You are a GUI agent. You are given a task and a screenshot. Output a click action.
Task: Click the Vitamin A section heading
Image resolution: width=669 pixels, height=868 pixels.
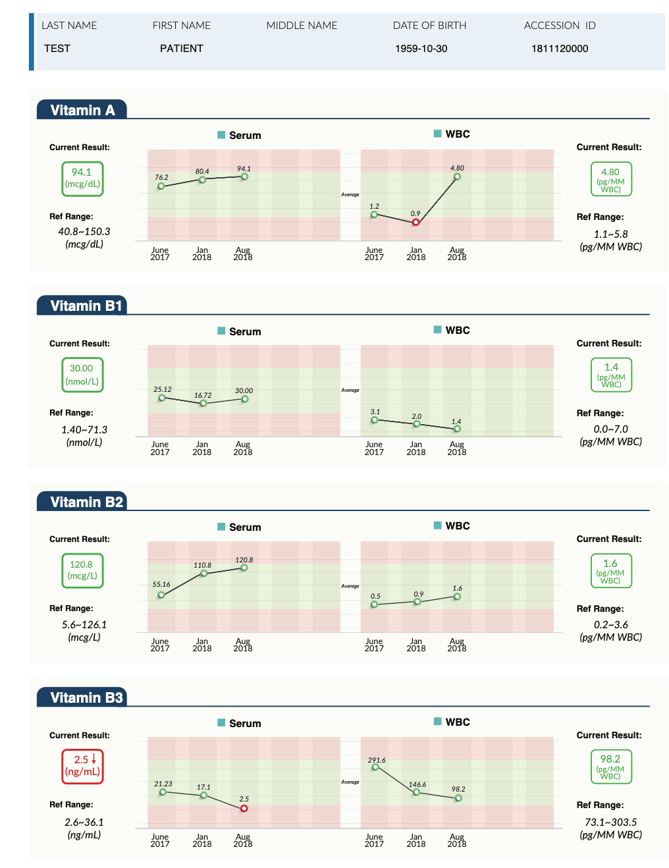coord(82,110)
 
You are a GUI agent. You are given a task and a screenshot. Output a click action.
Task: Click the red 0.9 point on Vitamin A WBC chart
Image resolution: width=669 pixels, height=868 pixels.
coord(415,223)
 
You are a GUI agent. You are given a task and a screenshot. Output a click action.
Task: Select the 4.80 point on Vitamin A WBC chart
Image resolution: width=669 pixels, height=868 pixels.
coord(457,176)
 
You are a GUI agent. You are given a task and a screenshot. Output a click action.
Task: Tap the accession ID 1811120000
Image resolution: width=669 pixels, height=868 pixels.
coord(560,49)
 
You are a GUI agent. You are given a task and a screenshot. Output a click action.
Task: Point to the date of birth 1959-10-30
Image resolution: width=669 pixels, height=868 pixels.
coord(421,49)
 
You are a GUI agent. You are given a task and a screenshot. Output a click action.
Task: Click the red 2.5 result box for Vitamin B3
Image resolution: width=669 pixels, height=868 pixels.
coord(83,766)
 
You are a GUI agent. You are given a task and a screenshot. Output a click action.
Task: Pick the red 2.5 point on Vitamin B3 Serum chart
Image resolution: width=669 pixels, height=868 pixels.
coord(244,808)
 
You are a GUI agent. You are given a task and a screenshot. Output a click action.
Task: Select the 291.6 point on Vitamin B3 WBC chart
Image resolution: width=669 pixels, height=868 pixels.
coord(375,767)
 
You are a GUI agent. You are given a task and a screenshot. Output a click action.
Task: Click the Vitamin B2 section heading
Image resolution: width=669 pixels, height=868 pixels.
coord(86,502)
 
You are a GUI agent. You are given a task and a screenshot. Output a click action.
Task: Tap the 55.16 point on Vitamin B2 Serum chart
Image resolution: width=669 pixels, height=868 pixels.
coord(161,595)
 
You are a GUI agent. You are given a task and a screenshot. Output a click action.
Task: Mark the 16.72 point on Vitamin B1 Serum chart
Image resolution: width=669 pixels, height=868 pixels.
coord(203,403)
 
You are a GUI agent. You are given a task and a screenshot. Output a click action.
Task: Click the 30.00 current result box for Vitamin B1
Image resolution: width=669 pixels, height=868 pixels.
coord(82,375)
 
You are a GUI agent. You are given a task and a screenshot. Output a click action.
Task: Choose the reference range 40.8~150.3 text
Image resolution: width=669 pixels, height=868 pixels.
coord(84,231)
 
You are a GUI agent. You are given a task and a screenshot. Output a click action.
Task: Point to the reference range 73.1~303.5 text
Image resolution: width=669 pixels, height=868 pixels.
coord(610,822)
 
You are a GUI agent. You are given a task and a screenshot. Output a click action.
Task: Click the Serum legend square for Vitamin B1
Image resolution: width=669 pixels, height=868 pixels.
coord(222,331)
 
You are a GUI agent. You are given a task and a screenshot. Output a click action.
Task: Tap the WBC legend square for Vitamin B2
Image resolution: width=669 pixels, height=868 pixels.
coord(438,525)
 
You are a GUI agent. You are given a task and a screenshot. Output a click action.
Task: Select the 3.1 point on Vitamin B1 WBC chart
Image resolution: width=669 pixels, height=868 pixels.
coord(375,420)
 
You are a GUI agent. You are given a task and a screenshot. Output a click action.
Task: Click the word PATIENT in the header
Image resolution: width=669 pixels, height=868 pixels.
coord(181,49)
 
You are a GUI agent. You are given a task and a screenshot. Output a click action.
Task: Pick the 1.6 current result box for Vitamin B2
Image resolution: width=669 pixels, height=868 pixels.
coord(611,570)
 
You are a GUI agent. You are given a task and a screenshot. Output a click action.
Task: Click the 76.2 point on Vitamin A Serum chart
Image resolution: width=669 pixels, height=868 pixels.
coord(161,186)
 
